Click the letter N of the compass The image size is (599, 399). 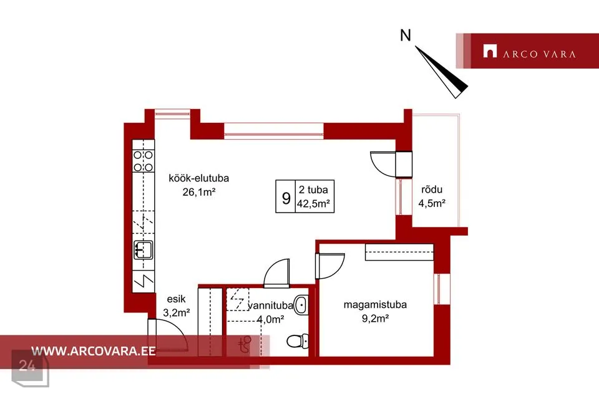tap(406, 36)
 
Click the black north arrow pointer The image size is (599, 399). tap(442, 72)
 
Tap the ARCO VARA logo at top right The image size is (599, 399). tap(529, 51)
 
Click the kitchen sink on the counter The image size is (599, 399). tap(144, 250)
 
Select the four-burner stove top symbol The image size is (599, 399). tap(144, 161)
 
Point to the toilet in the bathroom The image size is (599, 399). tap(297, 340)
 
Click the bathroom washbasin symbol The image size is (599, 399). tap(301, 305)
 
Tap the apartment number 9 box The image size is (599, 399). tap(286, 196)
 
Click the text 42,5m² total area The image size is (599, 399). tap(313, 203)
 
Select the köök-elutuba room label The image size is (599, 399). tap(198, 178)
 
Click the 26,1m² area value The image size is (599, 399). tap(198, 191)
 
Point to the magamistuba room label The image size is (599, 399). tap(375, 305)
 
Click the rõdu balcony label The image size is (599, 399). tap(432, 190)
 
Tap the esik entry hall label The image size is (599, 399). tap(176, 299)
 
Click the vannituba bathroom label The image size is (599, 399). tap(271, 305)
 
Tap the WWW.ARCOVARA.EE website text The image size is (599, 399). tap(93, 351)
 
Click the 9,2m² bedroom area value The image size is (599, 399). tap(375, 318)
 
